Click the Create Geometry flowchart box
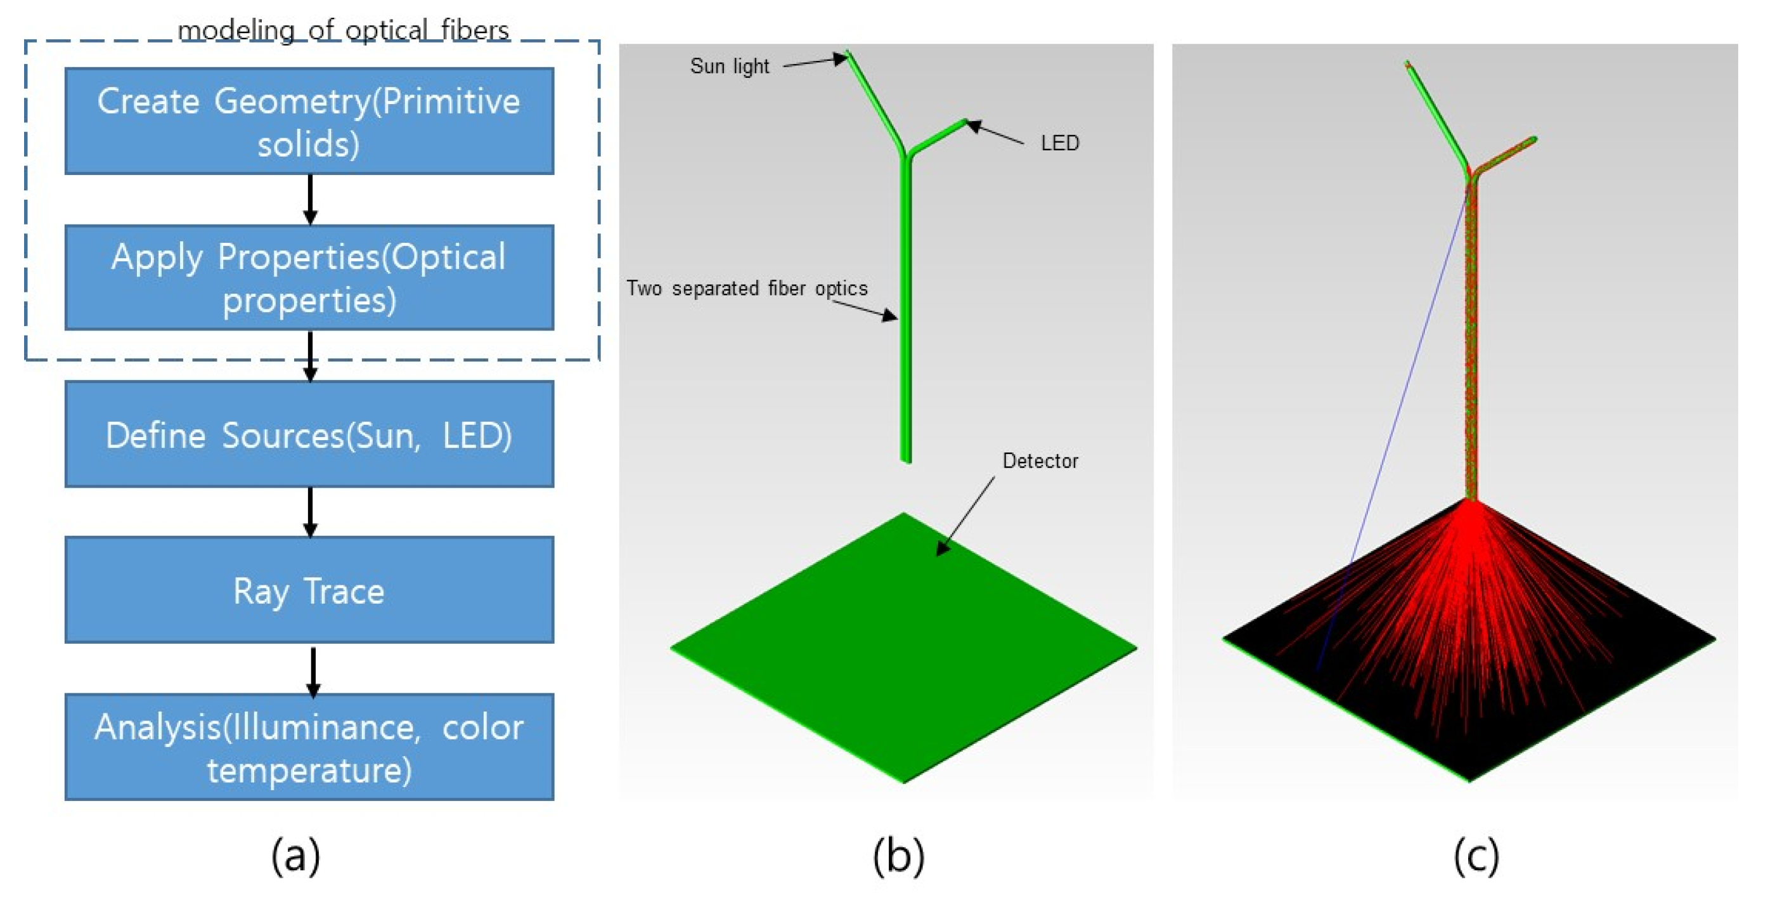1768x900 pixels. (x=309, y=121)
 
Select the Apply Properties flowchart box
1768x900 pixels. (x=309, y=277)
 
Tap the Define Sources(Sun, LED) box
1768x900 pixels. (x=309, y=434)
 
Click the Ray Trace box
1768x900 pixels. (x=309, y=590)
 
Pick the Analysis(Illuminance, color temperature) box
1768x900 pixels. (x=309, y=747)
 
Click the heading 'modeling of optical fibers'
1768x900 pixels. (x=343, y=30)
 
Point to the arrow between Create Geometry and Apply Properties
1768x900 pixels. (x=310, y=199)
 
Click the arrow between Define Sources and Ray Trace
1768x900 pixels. (x=310, y=512)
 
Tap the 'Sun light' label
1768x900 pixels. (x=729, y=67)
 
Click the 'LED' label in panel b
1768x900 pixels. (x=1060, y=143)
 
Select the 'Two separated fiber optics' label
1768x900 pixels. (x=747, y=289)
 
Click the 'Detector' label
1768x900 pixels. (x=1040, y=460)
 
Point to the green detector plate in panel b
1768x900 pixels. (x=903, y=659)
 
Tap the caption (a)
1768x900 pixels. (x=296, y=856)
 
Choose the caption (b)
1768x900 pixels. (x=898, y=856)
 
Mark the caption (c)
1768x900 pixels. (x=1476, y=856)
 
